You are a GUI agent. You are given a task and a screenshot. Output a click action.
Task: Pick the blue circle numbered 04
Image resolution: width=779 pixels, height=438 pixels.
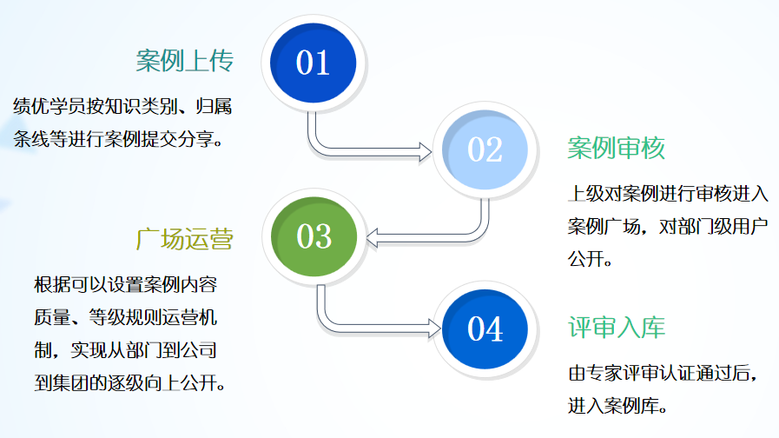(x=485, y=328)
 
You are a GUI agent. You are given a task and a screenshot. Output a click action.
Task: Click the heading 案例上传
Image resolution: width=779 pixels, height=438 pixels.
(x=185, y=61)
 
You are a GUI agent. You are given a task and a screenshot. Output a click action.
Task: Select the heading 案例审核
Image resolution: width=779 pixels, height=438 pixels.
(x=616, y=149)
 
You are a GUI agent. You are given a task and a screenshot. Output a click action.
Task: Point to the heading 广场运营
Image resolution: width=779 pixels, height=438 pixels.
(x=185, y=240)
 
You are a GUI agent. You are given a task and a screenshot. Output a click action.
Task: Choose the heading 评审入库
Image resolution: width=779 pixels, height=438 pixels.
(x=616, y=328)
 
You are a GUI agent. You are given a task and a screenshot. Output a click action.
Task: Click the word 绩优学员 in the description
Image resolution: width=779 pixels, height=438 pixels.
(x=43, y=107)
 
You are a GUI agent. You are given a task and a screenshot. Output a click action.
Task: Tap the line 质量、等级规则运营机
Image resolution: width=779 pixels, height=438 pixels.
(x=132, y=318)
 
